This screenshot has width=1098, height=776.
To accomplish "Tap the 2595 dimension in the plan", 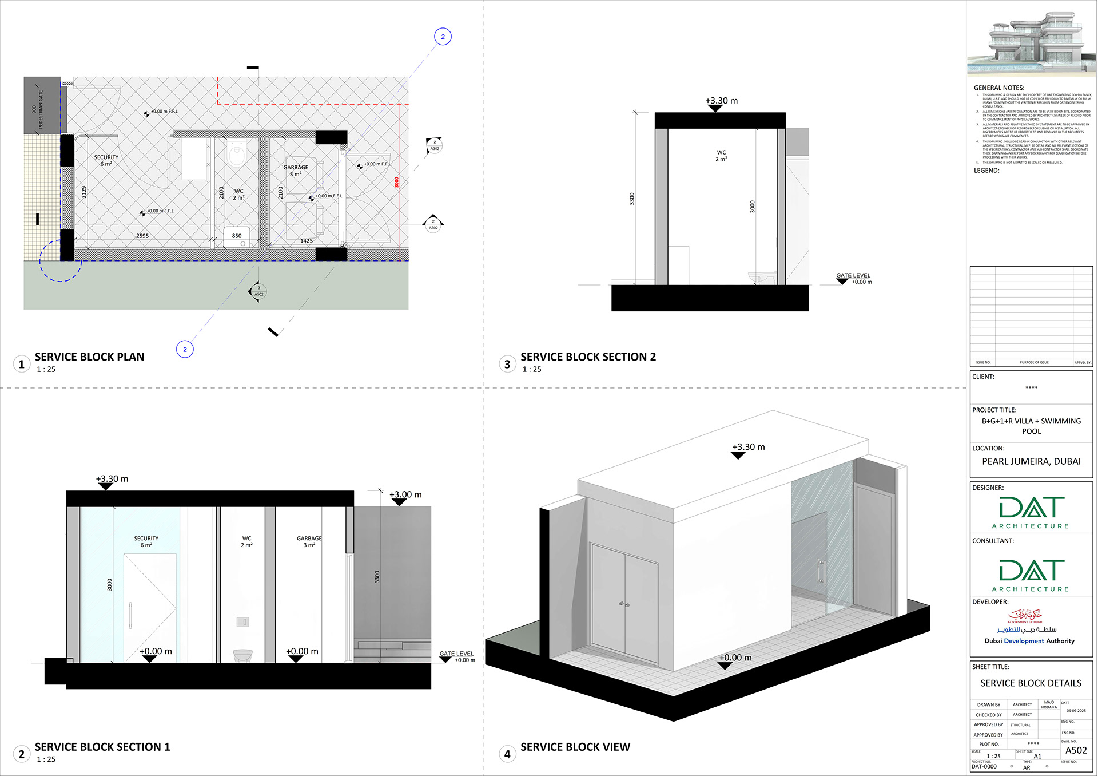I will [142, 236].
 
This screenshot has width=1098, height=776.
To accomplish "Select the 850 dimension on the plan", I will [237, 236].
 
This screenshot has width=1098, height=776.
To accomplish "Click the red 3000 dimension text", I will [396, 182].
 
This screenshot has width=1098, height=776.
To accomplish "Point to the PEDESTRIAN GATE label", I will [41, 109].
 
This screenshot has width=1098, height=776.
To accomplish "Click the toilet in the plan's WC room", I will [236, 154].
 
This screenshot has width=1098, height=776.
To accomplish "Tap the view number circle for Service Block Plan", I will [22, 364].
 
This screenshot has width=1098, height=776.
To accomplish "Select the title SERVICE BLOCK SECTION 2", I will [588, 357].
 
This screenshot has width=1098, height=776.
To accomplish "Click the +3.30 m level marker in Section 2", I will [721, 101].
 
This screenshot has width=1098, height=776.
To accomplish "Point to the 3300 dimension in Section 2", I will [632, 199].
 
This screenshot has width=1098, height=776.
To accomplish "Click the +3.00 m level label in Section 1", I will [405, 494].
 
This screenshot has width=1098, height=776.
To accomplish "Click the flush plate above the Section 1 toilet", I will [242, 621].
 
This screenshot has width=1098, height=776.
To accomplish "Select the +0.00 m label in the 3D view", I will [735, 658].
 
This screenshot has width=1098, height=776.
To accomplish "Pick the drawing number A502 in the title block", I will [1076, 750].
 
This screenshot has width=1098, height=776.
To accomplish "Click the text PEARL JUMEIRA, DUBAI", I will [1031, 461].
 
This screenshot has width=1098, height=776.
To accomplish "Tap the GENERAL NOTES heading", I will [998, 88].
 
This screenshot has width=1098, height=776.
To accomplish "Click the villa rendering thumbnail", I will [1031, 43].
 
